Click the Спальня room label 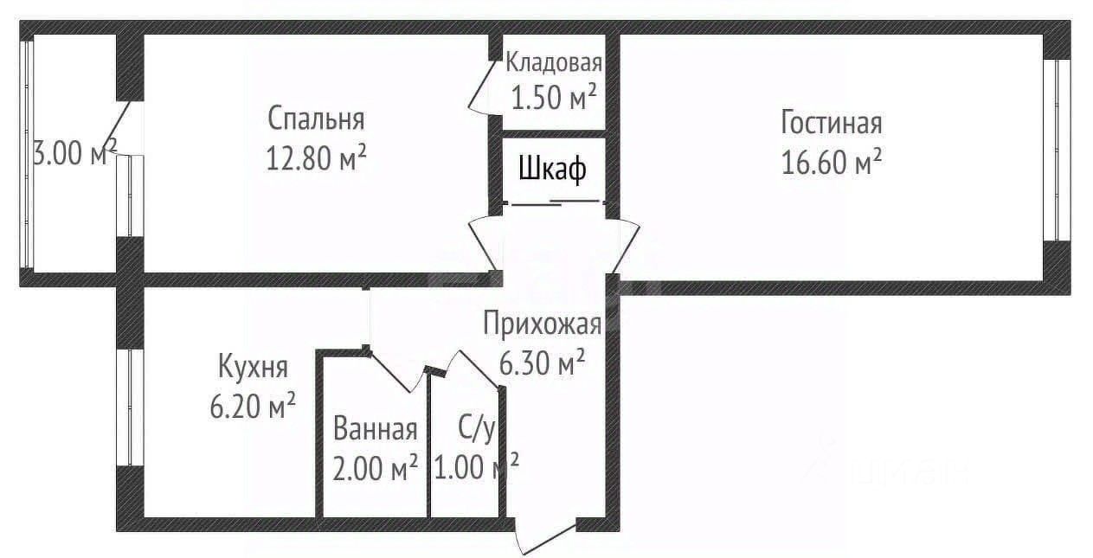pos(316,118)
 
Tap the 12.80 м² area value pos(316,157)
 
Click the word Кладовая pos(554,62)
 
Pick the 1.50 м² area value pos(554,98)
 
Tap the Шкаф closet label pos(552,170)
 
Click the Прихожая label pos(541,324)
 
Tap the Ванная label pos(376,428)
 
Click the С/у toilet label pos(475,428)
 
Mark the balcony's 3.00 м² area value pos(74,153)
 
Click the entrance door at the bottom pos(545,535)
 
